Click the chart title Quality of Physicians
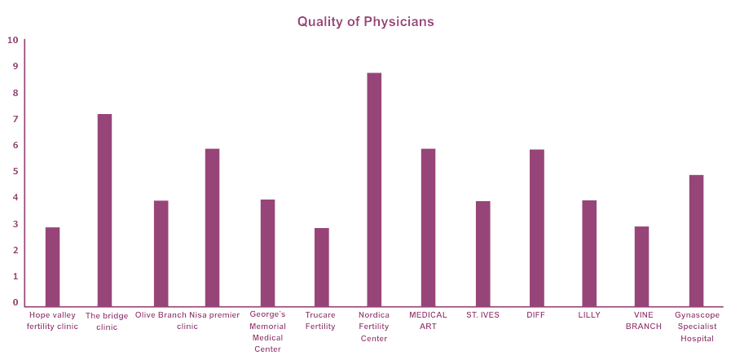[x=365, y=22]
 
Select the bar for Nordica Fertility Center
[x=374, y=189]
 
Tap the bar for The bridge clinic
[x=104, y=209]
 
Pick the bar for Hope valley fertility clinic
[x=52, y=266]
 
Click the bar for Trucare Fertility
[x=322, y=266]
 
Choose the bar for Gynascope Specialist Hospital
[x=696, y=240]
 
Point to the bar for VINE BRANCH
[x=642, y=266]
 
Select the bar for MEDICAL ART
[x=428, y=227]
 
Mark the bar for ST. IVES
[x=483, y=253]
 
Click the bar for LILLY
[x=589, y=252]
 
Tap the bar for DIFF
[x=536, y=227]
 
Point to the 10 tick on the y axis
[x=12, y=40]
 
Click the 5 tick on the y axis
[x=15, y=171]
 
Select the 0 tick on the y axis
[x=15, y=302]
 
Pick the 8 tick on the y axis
[x=15, y=93]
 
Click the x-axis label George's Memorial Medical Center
[x=268, y=331]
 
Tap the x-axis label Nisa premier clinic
[x=214, y=320]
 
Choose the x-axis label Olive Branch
[x=161, y=314]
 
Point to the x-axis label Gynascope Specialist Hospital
[x=697, y=326]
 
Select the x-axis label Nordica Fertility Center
[x=374, y=326]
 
